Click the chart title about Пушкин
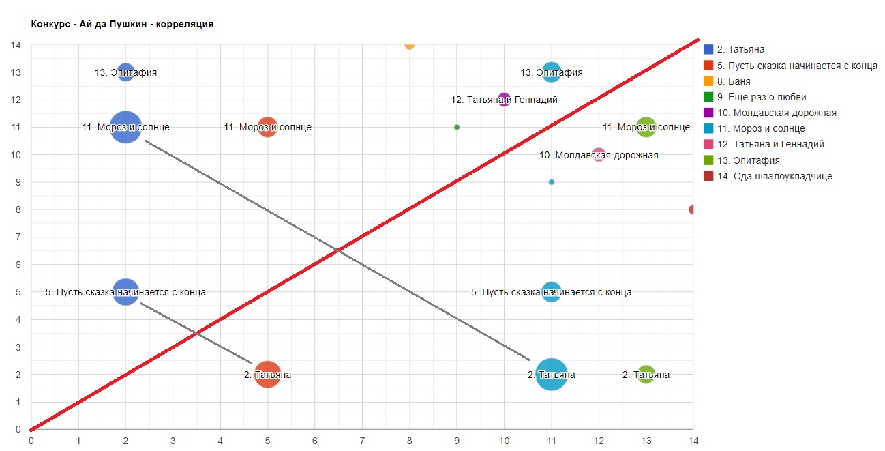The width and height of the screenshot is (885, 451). pyautogui.click(x=123, y=24)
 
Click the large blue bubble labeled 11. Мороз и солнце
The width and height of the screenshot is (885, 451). pyautogui.click(x=125, y=127)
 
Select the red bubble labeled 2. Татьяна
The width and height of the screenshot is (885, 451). pyautogui.click(x=268, y=375)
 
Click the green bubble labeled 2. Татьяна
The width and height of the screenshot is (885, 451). pyautogui.click(x=646, y=375)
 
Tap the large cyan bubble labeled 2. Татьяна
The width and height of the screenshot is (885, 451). pyautogui.click(x=552, y=375)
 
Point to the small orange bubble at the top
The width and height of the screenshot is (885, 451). pyautogui.click(x=409, y=45)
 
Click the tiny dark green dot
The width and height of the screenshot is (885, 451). pyautogui.click(x=457, y=127)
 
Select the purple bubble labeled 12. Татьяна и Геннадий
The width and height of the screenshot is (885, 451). pyautogui.click(x=505, y=100)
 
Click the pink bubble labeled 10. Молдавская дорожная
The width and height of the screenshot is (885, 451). pyautogui.click(x=599, y=155)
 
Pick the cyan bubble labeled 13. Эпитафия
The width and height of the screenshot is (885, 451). pyautogui.click(x=552, y=72)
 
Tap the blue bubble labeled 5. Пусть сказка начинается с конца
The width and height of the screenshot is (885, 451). pyautogui.click(x=125, y=292)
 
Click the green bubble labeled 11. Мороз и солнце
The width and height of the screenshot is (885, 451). pyautogui.click(x=646, y=127)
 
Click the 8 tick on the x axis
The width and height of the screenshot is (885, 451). pyautogui.click(x=409, y=440)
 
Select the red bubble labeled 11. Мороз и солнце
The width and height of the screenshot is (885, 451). pyautogui.click(x=268, y=127)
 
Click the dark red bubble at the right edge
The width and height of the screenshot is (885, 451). pyautogui.click(x=691, y=209)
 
